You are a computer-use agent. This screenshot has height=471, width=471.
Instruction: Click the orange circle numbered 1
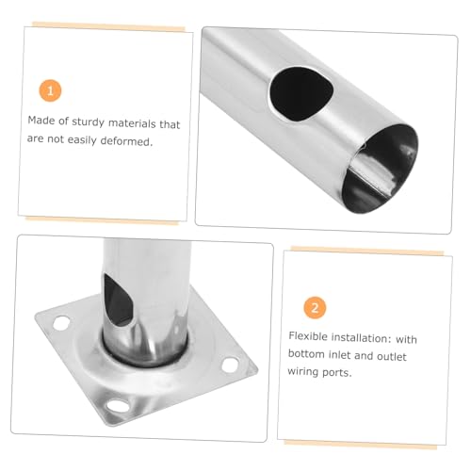50,91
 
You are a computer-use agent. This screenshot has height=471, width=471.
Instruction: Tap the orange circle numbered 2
315,308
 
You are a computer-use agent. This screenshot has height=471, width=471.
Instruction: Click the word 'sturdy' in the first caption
88,122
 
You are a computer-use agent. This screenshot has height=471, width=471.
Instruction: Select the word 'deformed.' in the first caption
126,141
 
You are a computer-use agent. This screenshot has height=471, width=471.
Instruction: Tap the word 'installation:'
361,338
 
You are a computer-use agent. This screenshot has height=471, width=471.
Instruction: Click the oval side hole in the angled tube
300,93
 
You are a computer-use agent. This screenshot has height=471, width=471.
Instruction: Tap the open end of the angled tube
381,169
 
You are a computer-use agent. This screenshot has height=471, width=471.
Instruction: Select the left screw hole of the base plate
61,323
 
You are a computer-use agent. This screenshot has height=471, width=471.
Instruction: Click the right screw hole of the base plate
231,365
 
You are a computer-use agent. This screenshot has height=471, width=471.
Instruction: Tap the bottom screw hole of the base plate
118,405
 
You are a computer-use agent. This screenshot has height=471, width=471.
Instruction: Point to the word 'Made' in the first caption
41,121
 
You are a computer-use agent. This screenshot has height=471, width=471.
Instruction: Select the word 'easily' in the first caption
82,140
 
